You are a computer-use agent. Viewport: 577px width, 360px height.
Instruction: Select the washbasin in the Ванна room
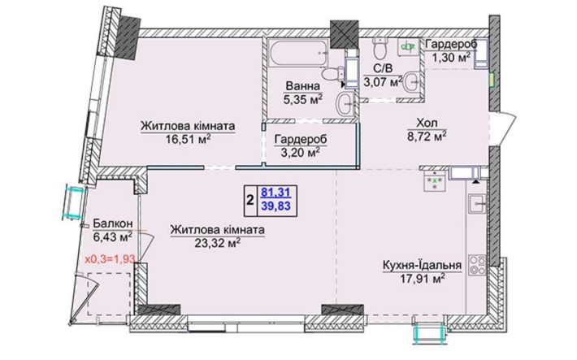click(345, 103)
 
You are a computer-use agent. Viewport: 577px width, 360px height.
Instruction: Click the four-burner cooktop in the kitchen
click(478, 265)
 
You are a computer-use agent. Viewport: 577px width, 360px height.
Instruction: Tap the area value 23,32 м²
click(218, 243)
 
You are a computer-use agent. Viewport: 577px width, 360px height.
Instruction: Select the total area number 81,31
click(275, 192)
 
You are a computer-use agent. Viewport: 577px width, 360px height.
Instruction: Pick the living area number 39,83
click(275, 206)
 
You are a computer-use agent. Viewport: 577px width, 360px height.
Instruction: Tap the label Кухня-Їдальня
click(422, 266)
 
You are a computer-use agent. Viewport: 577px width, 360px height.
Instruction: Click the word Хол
click(427, 123)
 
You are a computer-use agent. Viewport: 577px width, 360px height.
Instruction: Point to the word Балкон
click(113, 223)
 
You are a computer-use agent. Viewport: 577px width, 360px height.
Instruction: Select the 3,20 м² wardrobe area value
click(300, 152)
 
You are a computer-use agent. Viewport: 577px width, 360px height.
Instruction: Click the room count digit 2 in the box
click(250, 201)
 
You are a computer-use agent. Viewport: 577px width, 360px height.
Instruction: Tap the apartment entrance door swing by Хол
click(503, 128)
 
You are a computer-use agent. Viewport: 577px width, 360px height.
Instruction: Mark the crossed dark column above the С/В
click(345, 34)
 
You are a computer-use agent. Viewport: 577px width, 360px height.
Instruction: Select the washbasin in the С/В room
click(411, 83)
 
